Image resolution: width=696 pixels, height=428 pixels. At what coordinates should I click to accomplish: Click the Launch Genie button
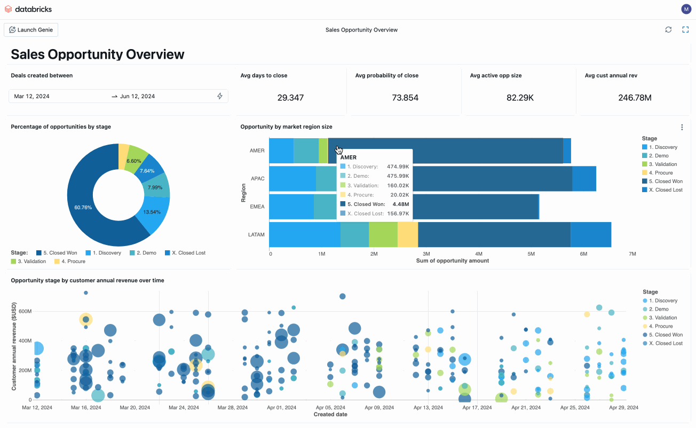tap(31, 30)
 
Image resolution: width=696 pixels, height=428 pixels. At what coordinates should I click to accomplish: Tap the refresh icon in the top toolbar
tap(668, 30)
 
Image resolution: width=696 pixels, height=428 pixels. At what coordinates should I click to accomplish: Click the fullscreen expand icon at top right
tap(686, 30)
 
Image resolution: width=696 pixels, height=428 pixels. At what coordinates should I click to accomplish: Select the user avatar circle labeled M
tap(686, 9)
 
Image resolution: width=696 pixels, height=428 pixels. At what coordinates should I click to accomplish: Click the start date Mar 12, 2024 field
tap(32, 96)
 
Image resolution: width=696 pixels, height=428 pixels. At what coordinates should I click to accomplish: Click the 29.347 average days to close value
tap(290, 98)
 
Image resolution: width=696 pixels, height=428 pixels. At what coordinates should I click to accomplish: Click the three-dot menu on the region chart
tap(682, 128)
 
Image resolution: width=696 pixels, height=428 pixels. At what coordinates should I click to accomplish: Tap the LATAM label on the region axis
tap(257, 234)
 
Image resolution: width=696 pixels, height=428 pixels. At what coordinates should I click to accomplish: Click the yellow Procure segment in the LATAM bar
tap(408, 235)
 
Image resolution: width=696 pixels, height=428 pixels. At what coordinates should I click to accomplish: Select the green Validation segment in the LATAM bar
tap(383, 235)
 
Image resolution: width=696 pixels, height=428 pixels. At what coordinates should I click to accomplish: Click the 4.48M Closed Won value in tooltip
tap(401, 204)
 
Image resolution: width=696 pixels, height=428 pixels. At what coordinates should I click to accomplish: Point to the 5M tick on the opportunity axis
tap(531, 254)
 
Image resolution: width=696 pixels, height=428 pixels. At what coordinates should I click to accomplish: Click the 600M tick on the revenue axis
tap(25, 311)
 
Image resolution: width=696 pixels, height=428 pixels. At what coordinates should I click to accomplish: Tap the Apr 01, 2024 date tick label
tap(282, 407)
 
